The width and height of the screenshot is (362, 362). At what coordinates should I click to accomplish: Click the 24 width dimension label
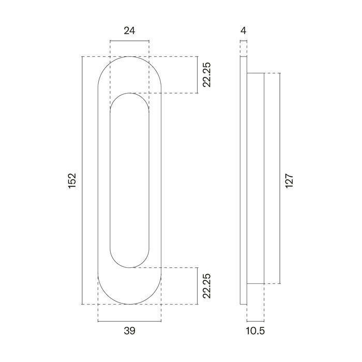click(x=129, y=31)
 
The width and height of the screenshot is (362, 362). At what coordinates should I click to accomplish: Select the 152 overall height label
click(x=72, y=180)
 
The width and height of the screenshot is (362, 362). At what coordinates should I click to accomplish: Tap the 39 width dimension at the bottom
click(x=129, y=331)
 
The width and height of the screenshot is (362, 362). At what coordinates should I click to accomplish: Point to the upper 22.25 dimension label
click(x=207, y=74)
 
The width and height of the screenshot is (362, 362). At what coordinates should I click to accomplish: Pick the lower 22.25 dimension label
click(x=207, y=285)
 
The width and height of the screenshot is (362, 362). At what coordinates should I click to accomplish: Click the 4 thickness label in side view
click(x=243, y=31)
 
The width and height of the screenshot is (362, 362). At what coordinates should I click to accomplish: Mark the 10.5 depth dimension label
click(x=256, y=331)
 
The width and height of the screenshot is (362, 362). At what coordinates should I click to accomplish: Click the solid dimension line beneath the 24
click(x=129, y=41)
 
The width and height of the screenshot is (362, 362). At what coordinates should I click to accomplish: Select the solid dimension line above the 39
click(x=129, y=321)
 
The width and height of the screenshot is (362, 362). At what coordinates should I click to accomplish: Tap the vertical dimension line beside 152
click(x=83, y=180)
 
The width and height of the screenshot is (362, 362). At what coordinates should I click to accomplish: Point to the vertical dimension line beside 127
click(x=280, y=179)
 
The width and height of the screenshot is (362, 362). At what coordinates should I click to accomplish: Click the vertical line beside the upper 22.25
click(x=199, y=74)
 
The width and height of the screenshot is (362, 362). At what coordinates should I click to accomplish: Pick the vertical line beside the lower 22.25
click(x=199, y=285)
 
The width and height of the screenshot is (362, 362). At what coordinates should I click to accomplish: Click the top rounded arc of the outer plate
click(x=129, y=56)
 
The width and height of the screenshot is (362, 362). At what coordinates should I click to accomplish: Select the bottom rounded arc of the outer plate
click(x=129, y=304)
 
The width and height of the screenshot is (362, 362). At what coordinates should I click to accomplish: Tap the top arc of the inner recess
click(x=129, y=94)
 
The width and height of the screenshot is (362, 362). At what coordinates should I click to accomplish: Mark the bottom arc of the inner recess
click(x=129, y=267)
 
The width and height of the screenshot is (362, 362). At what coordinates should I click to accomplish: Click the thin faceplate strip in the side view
click(x=244, y=180)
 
